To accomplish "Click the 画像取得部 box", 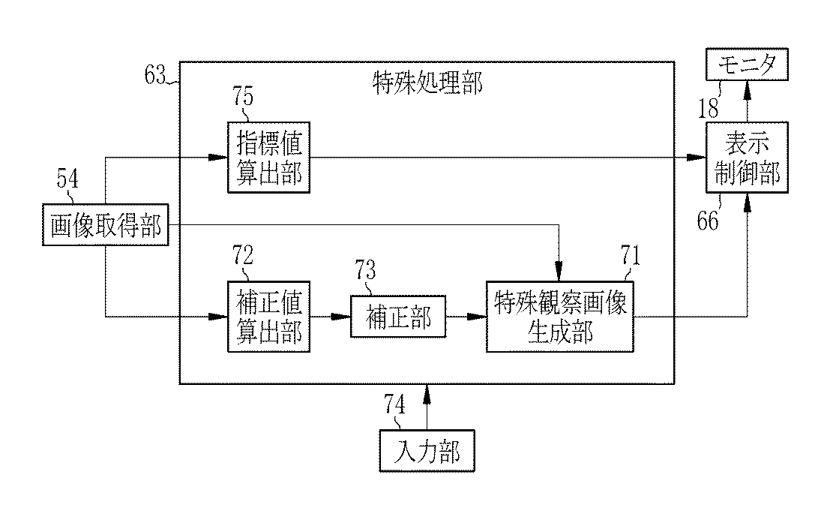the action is point(106,224).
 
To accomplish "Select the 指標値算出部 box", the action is point(268,158).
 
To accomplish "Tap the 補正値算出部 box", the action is point(268,317).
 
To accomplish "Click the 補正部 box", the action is point(398,317).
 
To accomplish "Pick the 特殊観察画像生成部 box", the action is point(560,317).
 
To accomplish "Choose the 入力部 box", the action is point(427,451).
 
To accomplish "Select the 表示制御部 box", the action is point(747,158).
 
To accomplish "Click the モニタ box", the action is point(747,65).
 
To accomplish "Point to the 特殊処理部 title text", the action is point(427,83).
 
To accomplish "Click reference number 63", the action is point(154,75).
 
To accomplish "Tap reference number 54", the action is point(67,179).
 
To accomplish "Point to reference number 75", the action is point(243,97).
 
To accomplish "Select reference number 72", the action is point(243,255).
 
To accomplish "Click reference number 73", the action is point(365,270).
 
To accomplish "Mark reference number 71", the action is point(631,255).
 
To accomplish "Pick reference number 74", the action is point(394,404).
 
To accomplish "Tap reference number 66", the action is point(707,221).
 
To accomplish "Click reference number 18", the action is point(708,109).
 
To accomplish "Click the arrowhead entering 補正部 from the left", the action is point(341,317).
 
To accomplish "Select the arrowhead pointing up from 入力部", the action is point(427,394).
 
